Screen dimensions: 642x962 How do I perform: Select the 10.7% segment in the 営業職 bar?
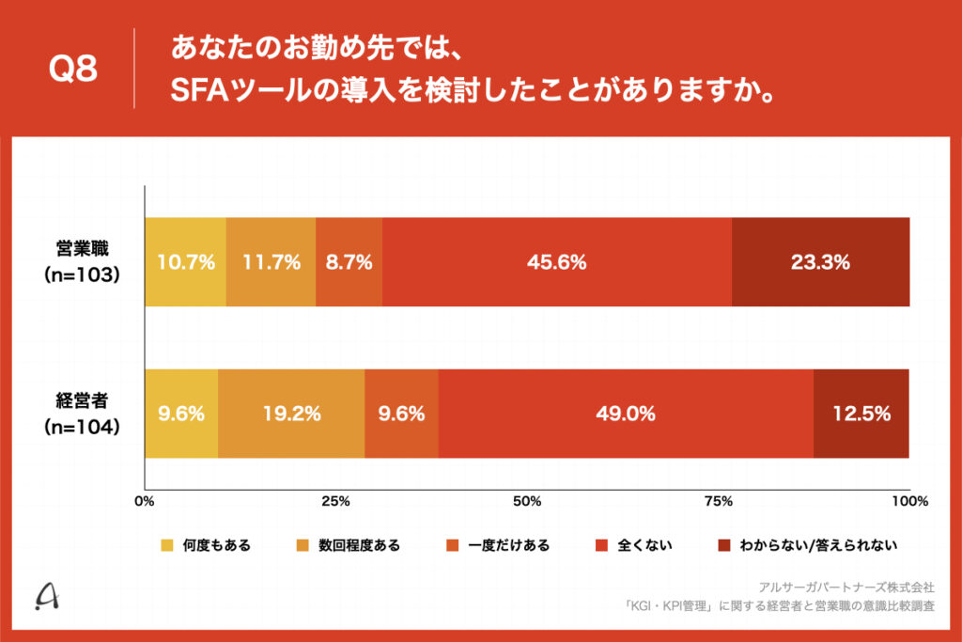coord(185,262)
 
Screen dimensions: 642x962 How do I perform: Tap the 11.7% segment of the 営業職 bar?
coord(271,262)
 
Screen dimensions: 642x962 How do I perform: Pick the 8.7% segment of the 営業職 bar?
coord(349,262)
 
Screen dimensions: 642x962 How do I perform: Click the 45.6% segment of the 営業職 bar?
coord(557,262)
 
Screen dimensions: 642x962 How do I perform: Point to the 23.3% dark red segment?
coord(820,262)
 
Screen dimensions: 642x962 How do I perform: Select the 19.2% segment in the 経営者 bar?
coord(291,414)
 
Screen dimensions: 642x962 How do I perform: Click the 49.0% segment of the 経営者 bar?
coord(626,414)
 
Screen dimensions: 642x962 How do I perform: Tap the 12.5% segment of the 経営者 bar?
coord(861,414)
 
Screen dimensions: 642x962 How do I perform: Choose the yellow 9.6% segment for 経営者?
coord(181,414)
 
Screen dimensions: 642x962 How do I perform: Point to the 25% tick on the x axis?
coord(336,501)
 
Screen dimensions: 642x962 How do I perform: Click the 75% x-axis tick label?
coord(718,501)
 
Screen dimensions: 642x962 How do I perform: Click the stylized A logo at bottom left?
coord(44,596)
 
